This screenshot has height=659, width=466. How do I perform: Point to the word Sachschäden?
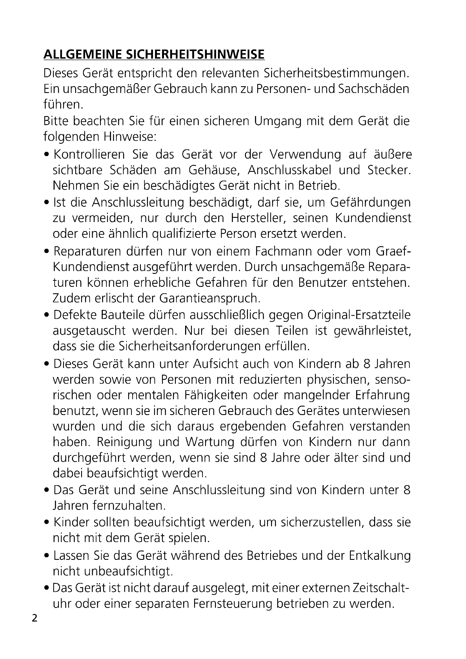click(374, 89)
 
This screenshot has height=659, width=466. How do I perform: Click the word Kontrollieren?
click(89, 155)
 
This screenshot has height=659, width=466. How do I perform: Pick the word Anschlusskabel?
click(290, 170)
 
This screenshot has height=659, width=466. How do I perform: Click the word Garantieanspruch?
click(209, 298)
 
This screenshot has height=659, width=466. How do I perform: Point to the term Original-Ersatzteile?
click(359, 315)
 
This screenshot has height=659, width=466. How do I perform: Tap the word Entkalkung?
click(380, 556)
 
